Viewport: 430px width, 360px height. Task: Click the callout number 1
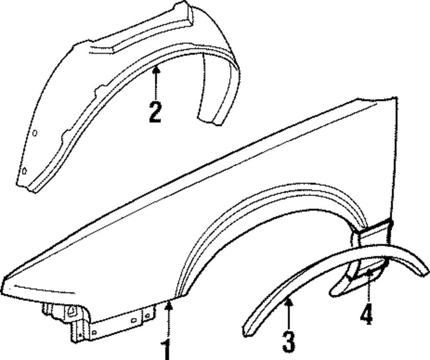166,349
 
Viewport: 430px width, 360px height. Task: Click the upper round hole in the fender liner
35,133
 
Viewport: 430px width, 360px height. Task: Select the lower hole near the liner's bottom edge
25,170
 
